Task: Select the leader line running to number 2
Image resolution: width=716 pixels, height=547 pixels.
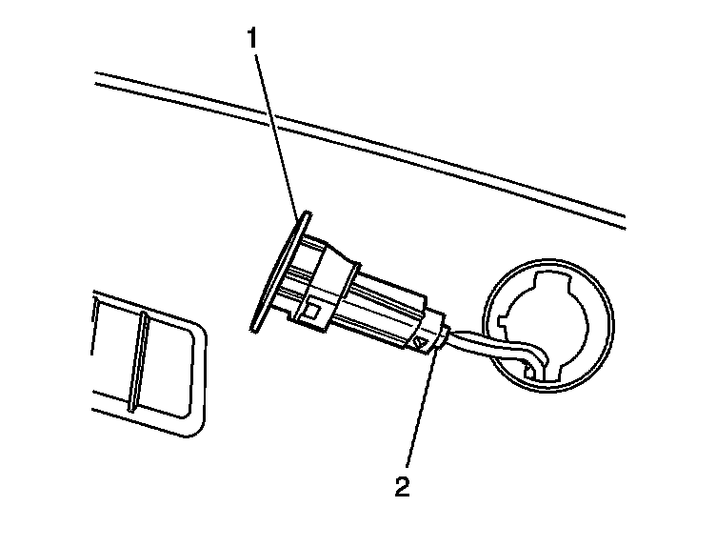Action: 419,410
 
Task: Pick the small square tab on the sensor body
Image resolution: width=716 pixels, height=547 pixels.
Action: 311,310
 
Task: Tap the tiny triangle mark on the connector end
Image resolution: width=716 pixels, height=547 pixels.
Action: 417,341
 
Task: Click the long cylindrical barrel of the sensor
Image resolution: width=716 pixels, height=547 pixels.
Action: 381,305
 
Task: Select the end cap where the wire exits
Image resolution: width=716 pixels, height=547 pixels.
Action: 440,334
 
